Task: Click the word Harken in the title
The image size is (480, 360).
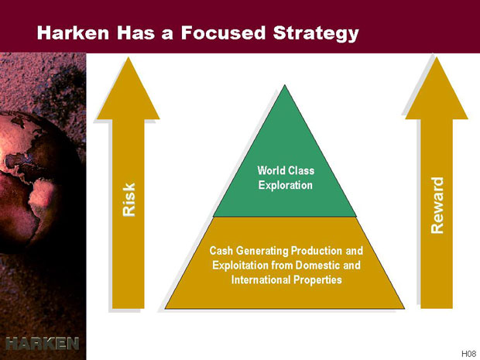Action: [x=73, y=33]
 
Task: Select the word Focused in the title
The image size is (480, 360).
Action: [x=223, y=33]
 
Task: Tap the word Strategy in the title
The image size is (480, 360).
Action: [x=316, y=34]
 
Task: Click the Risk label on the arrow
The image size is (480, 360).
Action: [x=129, y=200]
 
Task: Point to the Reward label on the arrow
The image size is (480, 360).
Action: [x=437, y=205]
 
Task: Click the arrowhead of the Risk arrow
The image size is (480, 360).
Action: [x=129, y=88]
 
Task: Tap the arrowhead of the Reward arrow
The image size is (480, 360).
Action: [x=437, y=88]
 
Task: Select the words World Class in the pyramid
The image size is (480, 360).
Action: [x=286, y=170]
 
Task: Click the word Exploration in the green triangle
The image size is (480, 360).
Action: [x=286, y=186]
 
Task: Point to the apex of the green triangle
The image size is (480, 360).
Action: [x=285, y=85]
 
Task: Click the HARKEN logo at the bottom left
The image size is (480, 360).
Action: [x=43, y=344]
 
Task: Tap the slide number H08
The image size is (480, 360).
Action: [x=468, y=354]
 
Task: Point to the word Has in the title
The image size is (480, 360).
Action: [x=136, y=33]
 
